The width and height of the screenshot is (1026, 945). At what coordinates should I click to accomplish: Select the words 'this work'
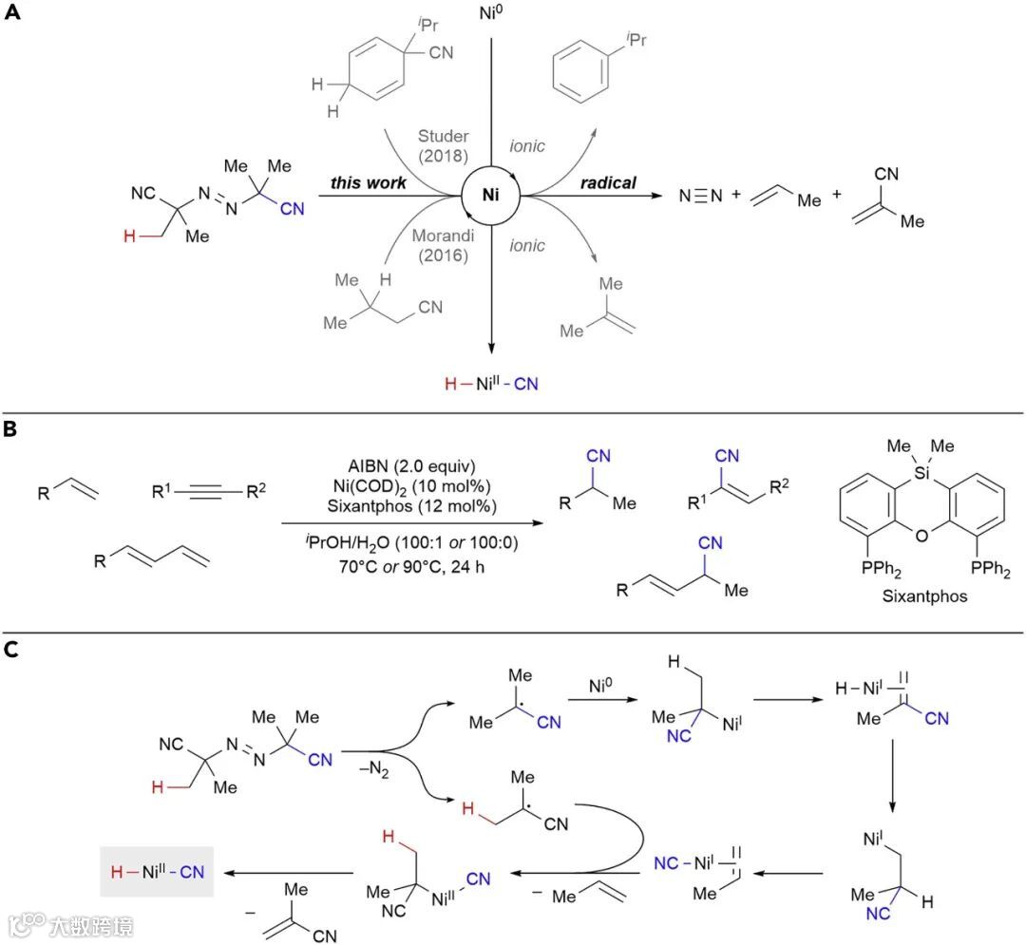(x=369, y=183)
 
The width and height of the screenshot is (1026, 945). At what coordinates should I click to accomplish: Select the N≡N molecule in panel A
(x=700, y=198)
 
